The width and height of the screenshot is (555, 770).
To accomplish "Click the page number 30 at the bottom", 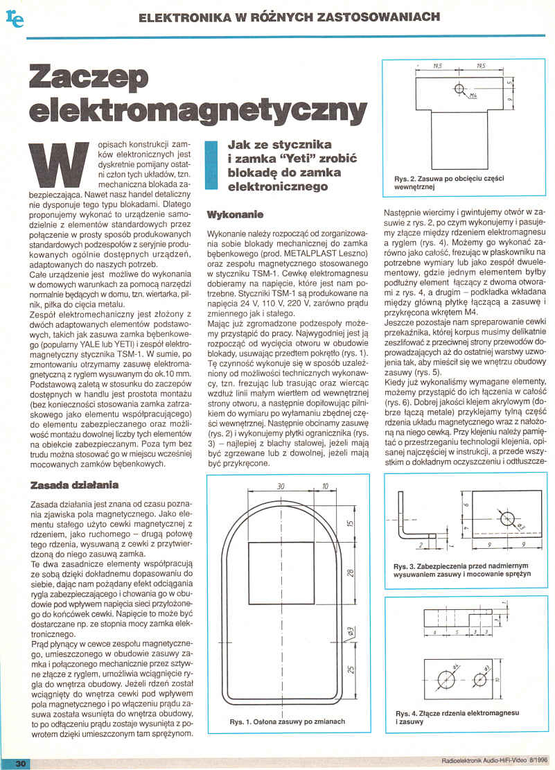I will click(20, 762).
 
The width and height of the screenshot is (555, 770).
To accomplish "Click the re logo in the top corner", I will click(15, 19).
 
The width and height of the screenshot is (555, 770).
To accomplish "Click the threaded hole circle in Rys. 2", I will click(459, 87).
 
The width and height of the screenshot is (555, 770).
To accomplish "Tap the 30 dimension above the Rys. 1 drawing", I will click(281, 487).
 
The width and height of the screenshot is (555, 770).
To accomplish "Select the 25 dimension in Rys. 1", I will click(349, 669).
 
